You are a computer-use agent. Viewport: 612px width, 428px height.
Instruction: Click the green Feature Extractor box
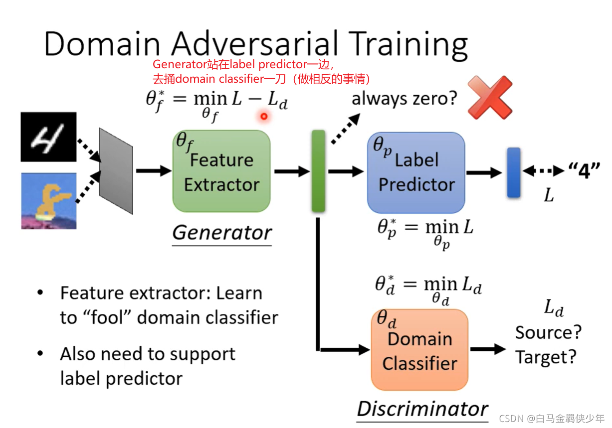pyautogui.click(x=221, y=171)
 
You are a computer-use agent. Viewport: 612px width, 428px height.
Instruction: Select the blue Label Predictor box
pyautogui.click(x=416, y=172)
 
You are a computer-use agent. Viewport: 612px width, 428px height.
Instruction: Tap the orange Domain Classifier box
pyautogui.click(x=419, y=350)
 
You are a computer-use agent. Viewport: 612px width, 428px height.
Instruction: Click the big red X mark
pyautogui.click(x=490, y=97)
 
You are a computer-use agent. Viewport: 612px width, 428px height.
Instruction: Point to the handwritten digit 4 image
pyautogui.click(x=48, y=137)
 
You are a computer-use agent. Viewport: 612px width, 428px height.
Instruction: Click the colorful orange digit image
pyautogui.click(x=48, y=200)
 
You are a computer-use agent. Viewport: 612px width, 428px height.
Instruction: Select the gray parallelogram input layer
pyautogui.click(x=116, y=171)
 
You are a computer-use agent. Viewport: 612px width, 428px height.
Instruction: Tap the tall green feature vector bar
pyautogui.click(x=318, y=171)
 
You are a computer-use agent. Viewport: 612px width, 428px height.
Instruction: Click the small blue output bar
pyautogui.click(x=514, y=172)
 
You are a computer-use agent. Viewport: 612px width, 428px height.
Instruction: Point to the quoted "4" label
pyautogui.click(x=584, y=171)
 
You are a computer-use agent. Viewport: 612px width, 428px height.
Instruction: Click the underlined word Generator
pyautogui.click(x=222, y=233)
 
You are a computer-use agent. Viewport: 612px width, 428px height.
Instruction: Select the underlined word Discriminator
pyautogui.click(x=422, y=409)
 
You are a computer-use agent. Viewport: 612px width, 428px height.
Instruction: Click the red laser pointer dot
pyautogui.click(x=264, y=117)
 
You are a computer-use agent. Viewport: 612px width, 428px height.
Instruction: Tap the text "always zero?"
pyautogui.click(x=404, y=98)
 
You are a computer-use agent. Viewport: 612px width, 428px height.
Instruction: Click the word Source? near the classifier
pyautogui.click(x=549, y=332)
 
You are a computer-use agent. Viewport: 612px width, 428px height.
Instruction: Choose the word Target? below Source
pyautogui.click(x=546, y=357)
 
